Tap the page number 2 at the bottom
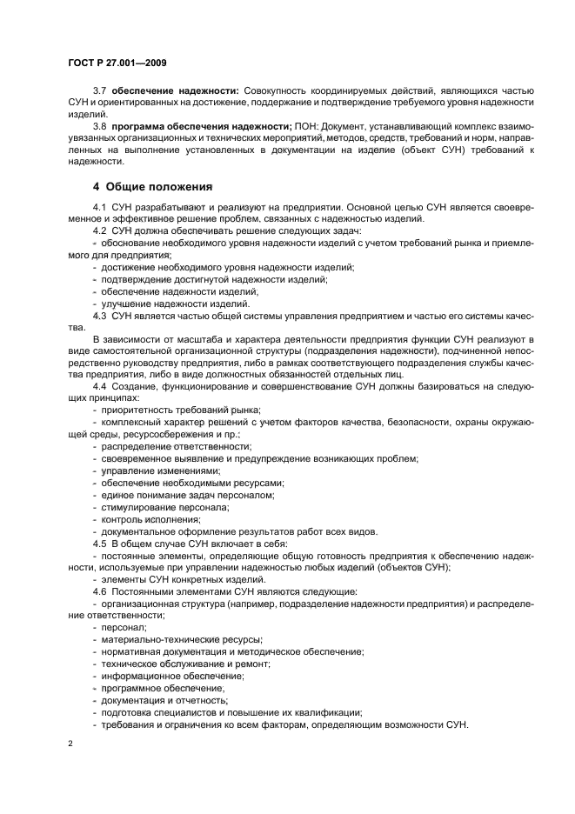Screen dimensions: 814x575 pos(70,744)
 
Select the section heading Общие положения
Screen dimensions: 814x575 pos(153,187)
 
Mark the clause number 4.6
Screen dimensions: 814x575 pos(99,591)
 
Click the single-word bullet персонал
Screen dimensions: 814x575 pos(124,627)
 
